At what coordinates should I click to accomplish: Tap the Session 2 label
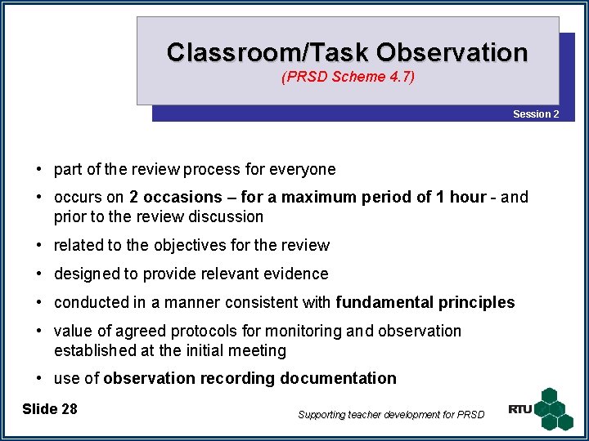pos(536,114)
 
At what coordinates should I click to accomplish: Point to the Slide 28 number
pos(50,408)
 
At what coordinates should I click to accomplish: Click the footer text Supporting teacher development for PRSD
pos(391,415)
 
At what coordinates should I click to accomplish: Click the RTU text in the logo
pos(519,409)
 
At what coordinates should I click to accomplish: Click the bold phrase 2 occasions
pos(176,197)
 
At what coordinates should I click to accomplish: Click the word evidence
pos(291,274)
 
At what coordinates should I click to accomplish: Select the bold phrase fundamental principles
pos(425,302)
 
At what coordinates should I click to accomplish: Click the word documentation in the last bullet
pos(338,378)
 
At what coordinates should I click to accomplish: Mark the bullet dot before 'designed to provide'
pos(38,274)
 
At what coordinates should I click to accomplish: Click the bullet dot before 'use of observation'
pos(38,378)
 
